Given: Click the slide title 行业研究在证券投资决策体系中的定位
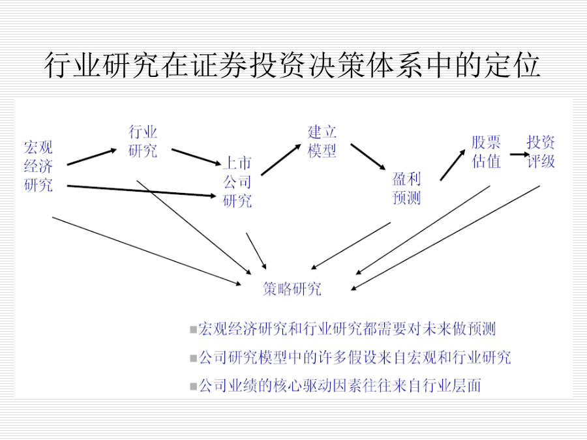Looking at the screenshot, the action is (292, 65).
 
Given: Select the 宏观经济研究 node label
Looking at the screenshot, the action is (38, 166).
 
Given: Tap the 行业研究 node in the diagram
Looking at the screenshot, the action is (143, 141).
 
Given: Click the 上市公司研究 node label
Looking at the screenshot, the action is (237, 182).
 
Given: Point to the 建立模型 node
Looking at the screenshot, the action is (322, 141).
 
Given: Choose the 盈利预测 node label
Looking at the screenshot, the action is (406, 188).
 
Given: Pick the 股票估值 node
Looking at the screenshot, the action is (486, 151).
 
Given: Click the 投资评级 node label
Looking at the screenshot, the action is (541, 151).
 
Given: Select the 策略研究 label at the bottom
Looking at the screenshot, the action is (292, 289).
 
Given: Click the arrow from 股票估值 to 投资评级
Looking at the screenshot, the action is (520, 154).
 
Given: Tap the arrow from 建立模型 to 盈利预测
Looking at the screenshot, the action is (368, 156).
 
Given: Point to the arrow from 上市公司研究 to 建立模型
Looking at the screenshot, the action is (281, 160).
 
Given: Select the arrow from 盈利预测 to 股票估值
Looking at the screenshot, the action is (453, 165).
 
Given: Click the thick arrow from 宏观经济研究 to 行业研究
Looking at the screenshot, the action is (92, 156).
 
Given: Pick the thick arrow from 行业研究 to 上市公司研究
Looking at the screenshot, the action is (196, 156).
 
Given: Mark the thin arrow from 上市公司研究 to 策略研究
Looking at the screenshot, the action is (256, 251).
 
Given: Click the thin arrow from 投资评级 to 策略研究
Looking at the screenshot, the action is (445, 238).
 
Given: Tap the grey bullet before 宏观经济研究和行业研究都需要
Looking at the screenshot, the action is (193, 330).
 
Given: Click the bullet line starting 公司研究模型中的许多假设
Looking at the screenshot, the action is (350, 358).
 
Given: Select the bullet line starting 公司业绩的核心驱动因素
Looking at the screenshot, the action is (335, 386).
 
